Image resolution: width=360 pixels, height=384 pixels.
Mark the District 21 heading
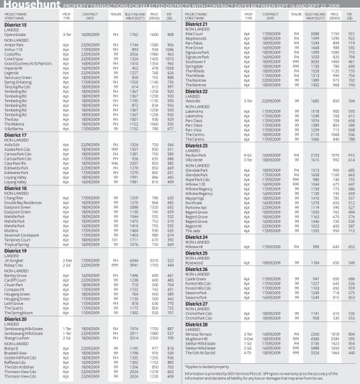pyautogui.click(x=199, y=25)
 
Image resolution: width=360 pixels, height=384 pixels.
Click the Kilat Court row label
pyautogui.click(x=198, y=34)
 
